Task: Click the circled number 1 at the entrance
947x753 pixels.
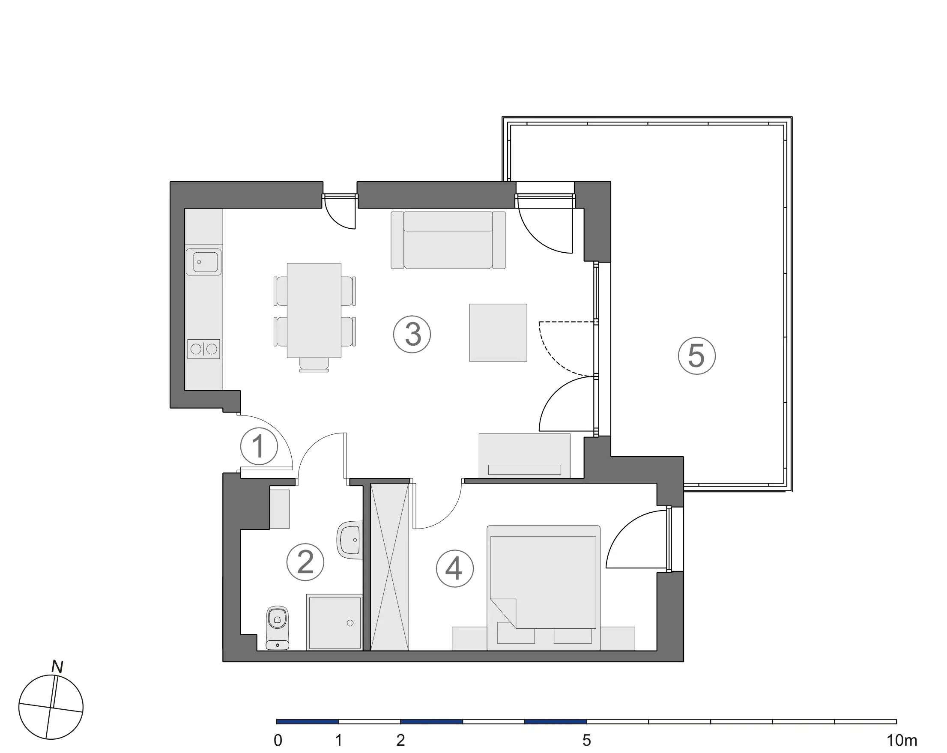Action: pyautogui.click(x=259, y=446)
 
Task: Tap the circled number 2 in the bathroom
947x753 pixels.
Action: pyautogui.click(x=305, y=562)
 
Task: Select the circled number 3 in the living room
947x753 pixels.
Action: pyautogui.click(x=412, y=335)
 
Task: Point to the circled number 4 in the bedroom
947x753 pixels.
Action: pyautogui.click(x=454, y=568)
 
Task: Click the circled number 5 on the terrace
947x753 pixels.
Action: pyautogui.click(x=696, y=356)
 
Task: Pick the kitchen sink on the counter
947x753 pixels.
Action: pyautogui.click(x=203, y=262)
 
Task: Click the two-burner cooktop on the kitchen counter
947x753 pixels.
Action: pyautogui.click(x=203, y=349)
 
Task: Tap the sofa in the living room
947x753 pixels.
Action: pyautogui.click(x=448, y=240)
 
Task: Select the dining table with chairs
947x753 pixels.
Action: pyautogui.click(x=314, y=310)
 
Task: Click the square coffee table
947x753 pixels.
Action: pyautogui.click(x=498, y=332)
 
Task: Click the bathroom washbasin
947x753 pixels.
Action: pyautogui.click(x=350, y=540)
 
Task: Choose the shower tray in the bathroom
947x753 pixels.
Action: pyautogui.click(x=335, y=622)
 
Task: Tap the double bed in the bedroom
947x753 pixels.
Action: pyautogui.click(x=544, y=587)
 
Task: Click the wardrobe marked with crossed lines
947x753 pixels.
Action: pyautogui.click(x=390, y=567)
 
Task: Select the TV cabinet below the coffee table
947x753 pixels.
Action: pyautogui.click(x=524, y=456)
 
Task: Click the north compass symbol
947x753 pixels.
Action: pyautogui.click(x=51, y=707)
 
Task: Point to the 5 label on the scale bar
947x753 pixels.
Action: pyautogui.click(x=587, y=741)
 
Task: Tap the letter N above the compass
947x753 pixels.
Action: pyautogui.click(x=57, y=666)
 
